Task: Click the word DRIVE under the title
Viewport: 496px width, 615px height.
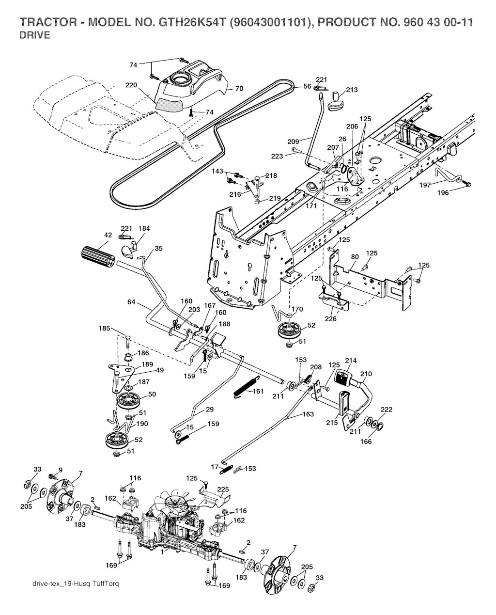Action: click(34, 35)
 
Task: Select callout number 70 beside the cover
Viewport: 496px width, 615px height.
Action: click(239, 89)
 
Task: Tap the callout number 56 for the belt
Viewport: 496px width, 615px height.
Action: click(307, 86)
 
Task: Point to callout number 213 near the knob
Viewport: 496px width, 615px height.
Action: click(352, 90)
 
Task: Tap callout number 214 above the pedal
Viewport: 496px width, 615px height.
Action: click(351, 361)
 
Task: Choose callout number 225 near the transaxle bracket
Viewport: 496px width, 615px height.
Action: click(223, 489)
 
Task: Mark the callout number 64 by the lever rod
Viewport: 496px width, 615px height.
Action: click(131, 302)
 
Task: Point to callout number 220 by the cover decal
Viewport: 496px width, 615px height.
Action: click(130, 85)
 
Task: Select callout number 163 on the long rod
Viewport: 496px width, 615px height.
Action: click(308, 414)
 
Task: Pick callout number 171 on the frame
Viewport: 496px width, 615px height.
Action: click(310, 206)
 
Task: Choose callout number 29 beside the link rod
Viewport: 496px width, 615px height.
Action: click(209, 410)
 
